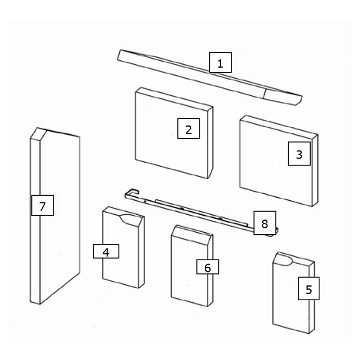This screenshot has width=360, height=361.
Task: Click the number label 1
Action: (x=220, y=63)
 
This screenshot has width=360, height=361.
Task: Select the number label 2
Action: (x=188, y=129)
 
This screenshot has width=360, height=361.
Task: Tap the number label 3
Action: (x=299, y=154)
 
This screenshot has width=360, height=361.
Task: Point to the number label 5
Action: (x=309, y=289)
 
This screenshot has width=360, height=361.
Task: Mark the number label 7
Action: (x=42, y=207)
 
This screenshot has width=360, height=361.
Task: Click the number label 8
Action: (x=264, y=223)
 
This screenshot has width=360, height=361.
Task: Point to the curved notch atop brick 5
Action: (x=284, y=259)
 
